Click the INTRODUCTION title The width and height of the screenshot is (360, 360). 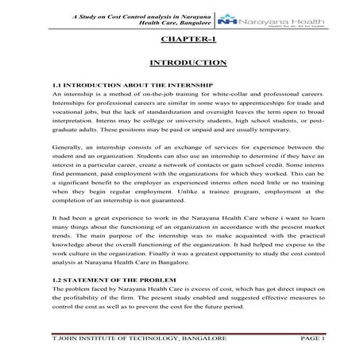coord(188,63)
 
